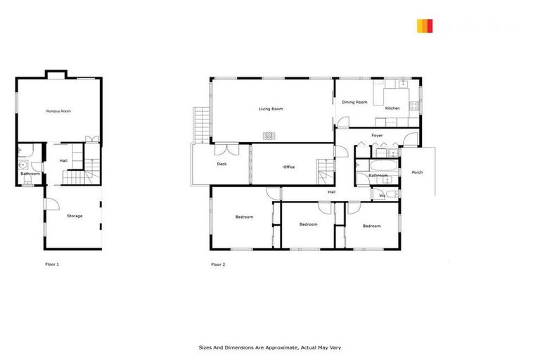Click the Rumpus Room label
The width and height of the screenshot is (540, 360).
(58, 111)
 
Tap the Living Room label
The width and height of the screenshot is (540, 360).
(271, 109)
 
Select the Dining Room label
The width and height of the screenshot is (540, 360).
(354, 103)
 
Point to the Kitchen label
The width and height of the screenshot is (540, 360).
(392, 108)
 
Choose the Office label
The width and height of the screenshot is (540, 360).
(289, 167)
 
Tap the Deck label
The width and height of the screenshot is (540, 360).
(221, 165)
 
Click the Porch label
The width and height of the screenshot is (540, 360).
(417, 172)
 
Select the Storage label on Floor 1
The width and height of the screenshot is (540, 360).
(75, 216)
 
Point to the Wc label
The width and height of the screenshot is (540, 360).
(382, 195)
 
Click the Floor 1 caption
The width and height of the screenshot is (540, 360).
(52, 264)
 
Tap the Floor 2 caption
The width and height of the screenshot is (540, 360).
(219, 264)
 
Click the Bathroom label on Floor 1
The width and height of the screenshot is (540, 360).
(30, 174)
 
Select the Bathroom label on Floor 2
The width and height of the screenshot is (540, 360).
(378, 175)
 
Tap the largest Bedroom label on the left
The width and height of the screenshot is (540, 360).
(244, 217)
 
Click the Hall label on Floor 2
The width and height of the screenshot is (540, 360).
(331, 192)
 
